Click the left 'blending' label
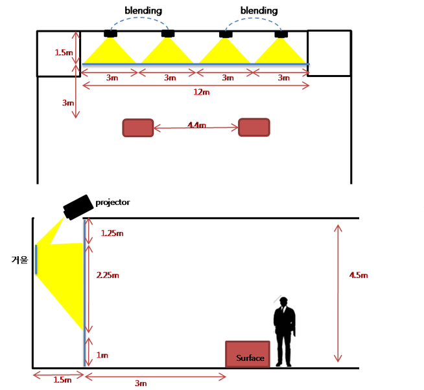[x=143, y=11]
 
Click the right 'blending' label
[x=259, y=11]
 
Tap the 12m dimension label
[x=202, y=92]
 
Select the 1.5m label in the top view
[x=64, y=52]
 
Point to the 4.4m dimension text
[x=196, y=125]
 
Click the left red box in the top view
[x=137, y=127]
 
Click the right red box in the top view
[x=253, y=127]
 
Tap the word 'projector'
[x=113, y=202]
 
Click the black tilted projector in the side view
[x=78, y=206]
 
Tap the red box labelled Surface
[x=247, y=354]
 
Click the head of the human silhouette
[x=283, y=302]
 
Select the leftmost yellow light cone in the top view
[x=110, y=52]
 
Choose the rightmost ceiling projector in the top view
[x=280, y=34]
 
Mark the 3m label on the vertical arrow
[x=67, y=102]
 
